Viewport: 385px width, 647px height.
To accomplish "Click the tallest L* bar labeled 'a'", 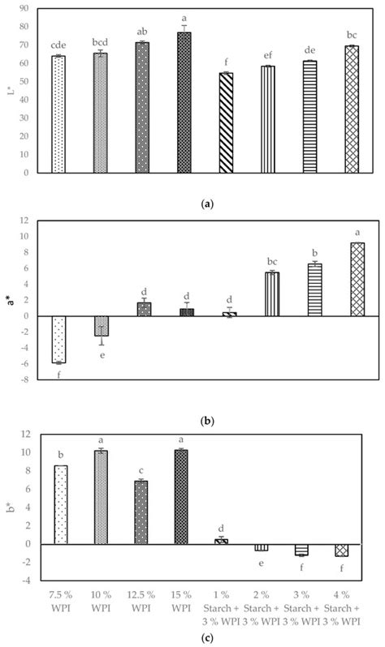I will coord(184,102).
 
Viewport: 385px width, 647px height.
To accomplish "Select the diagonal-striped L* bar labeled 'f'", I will coord(226,122).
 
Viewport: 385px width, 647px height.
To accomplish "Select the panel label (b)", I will coord(192,421).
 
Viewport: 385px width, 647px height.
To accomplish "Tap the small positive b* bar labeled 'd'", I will coord(225,542).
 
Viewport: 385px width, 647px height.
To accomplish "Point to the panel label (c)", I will coord(192,637).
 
